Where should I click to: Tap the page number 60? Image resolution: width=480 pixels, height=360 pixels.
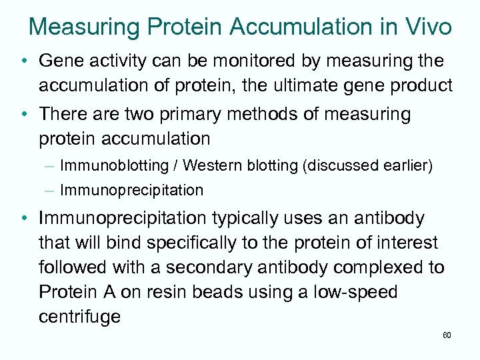[x=447, y=335]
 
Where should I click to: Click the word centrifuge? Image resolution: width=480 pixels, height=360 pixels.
[x=79, y=316]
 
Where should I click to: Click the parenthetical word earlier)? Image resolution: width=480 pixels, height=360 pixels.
[x=407, y=165]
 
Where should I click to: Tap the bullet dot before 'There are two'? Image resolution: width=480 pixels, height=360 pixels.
[x=23, y=114]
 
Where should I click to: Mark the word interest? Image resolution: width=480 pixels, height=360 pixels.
[x=402, y=243]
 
